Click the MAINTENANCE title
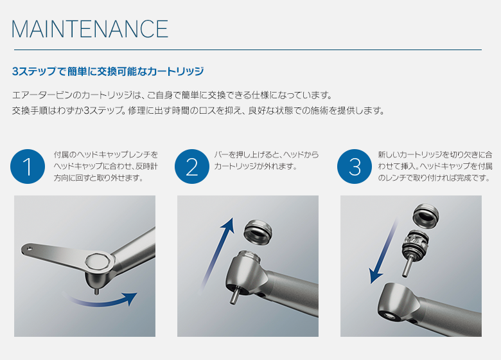click(90, 29)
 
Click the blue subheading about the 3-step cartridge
click(108, 71)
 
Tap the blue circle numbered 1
click(28, 166)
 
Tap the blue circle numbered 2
click(191, 166)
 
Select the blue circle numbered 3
click(355, 166)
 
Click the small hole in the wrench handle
click(29, 248)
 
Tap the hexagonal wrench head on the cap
click(100, 261)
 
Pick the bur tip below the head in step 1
click(96, 292)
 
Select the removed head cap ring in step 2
click(258, 231)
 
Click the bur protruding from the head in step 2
click(234, 296)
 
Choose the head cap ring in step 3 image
click(426, 216)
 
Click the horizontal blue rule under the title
click(248, 50)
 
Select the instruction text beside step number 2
click(266, 161)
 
